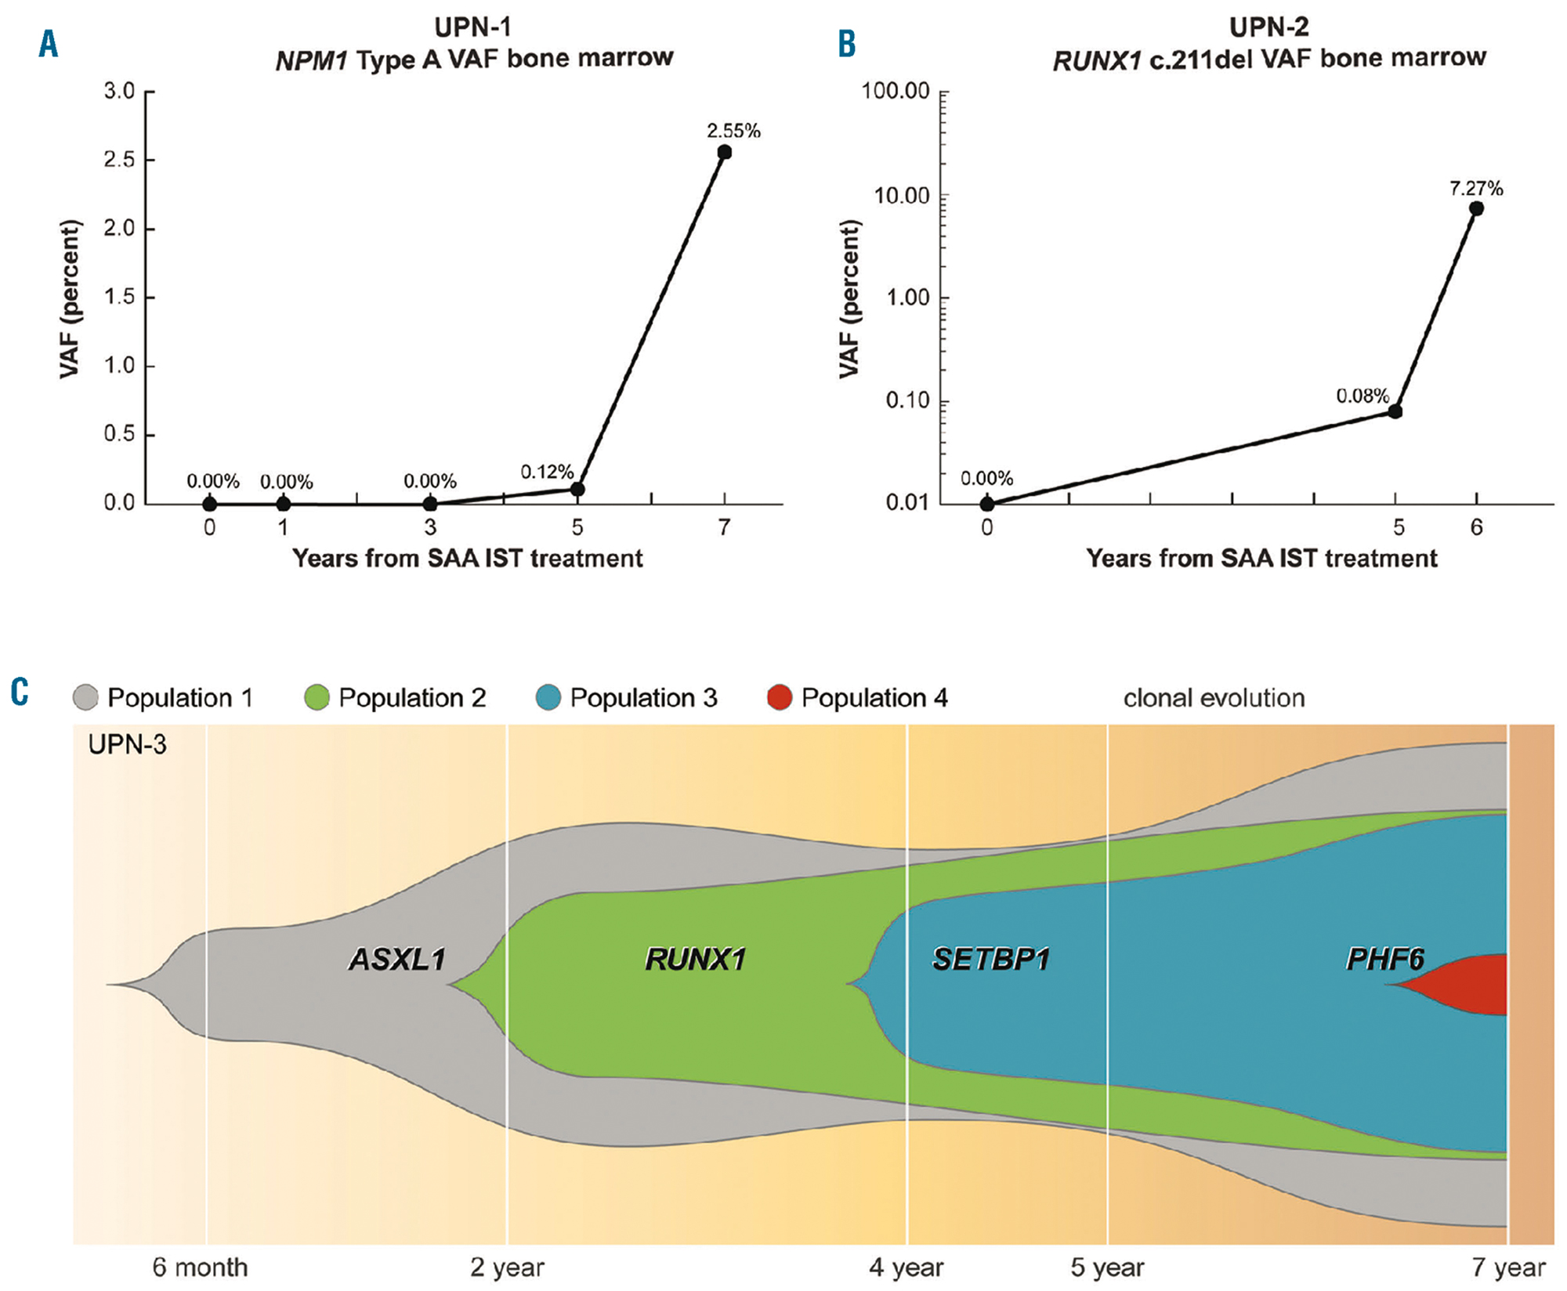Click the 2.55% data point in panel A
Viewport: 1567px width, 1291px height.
click(x=724, y=152)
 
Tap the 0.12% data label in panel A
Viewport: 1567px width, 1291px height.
click(x=547, y=472)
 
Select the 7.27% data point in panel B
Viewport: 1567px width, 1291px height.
click(x=1476, y=208)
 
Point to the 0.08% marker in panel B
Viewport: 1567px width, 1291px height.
click(x=1395, y=411)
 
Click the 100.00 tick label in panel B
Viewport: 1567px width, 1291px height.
click(x=896, y=92)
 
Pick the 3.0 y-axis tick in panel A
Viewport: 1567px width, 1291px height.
click(x=119, y=92)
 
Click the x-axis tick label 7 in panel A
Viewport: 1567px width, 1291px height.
click(x=724, y=528)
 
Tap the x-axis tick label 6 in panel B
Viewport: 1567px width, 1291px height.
click(x=1476, y=528)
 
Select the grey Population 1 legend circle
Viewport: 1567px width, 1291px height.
click(x=85, y=697)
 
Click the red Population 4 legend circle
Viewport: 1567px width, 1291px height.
click(x=780, y=697)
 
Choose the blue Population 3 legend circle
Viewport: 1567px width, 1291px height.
click(x=548, y=697)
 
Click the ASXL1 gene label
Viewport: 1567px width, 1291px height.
click(x=397, y=960)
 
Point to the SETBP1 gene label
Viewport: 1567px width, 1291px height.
click(x=991, y=960)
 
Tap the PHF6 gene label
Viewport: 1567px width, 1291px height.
click(x=1384, y=960)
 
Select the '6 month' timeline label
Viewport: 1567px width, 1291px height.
click(x=200, y=1267)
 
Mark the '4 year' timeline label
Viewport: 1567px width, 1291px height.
click(x=907, y=1267)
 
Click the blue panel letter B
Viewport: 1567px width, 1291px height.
click(x=847, y=44)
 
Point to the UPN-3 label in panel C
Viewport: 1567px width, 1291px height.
click(x=127, y=744)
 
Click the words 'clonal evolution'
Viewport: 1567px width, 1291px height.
click(x=1214, y=698)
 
